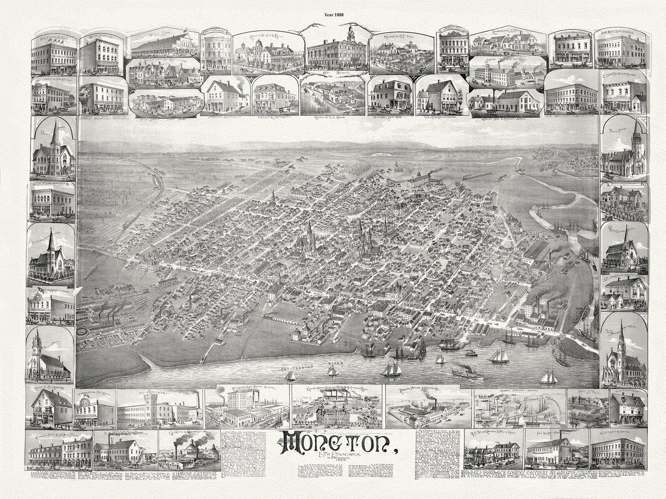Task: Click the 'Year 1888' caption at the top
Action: (333, 13)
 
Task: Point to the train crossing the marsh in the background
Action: (473, 177)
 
